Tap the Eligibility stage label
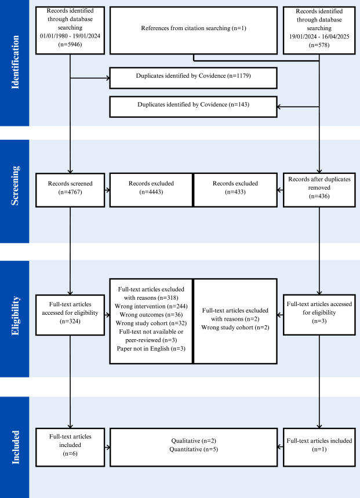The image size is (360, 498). pyautogui.click(x=14, y=318)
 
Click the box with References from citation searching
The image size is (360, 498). pyautogui.click(x=194, y=28)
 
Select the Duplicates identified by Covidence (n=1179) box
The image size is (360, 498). pyautogui.click(x=194, y=77)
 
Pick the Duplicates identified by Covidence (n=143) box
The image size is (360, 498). pyautogui.click(x=194, y=106)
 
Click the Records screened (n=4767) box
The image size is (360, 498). pyautogui.click(x=70, y=190)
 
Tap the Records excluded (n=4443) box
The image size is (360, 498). pyautogui.click(x=151, y=190)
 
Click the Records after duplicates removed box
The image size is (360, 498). pyautogui.click(x=319, y=190)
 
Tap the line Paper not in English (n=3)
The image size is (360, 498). pyautogui.click(x=151, y=350)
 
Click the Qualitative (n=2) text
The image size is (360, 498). pyautogui.click(x=194, y=441)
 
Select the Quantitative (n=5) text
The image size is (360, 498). pyautogui.click(x=194, y=449)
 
